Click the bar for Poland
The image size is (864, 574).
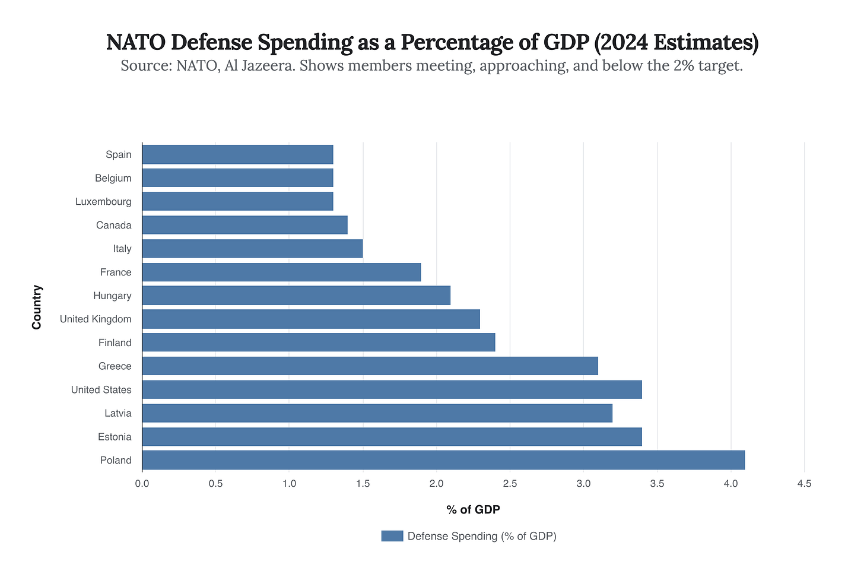pyautogui.click(x=443, y=460)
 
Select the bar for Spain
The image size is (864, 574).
pyautogui.click(x=237, y=154)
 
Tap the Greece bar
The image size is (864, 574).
pyautogui.click(x=370, y=366)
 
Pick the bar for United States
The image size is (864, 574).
pyautogui.click(x=392, y=390)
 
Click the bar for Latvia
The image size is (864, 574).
pyautogui.click(x=377, y=413)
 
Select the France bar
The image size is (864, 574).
pyautogui.click(x=281, y=272)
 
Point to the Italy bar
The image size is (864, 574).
pyautogui.click(x=252, y=249)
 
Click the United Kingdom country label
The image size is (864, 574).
pyautogui.click(x=96, y=319)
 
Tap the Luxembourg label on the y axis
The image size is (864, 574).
pyautogui.click(x=103, y=202)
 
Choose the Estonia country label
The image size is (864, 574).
pyautogui.click(x=115, y=437)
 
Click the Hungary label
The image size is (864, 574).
pyautogui.click(x=112, y=296)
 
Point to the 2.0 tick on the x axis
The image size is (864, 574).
pyautogui.click(x=436, y=484)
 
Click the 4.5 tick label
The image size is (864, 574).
pyautogui.click(x=804, y=484)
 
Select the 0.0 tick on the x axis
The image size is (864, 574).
pyautogui.click(x=142, y=484)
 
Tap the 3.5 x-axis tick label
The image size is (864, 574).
pyautogui.click(x=657, y=484)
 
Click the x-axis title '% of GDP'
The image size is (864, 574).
pyautogui.click(x=473, y=509)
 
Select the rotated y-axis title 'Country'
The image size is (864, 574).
pyautogui.click(x=37, y=307)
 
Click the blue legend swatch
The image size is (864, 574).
pyautogui.click(x=392, y=536)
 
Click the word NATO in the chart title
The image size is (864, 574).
pyautogui.click(x=133, y=43)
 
